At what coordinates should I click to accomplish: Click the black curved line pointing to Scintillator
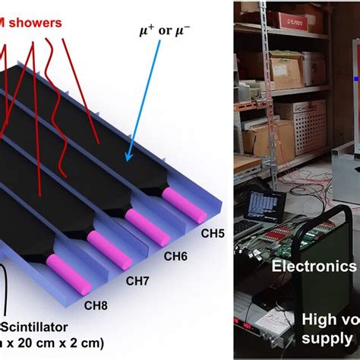pyautogui.click(x=6, y=292)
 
